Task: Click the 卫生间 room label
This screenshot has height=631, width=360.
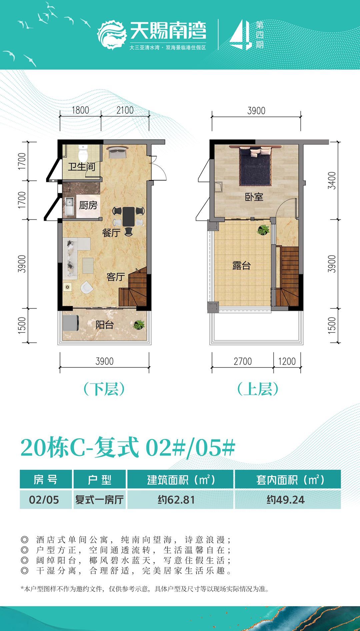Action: (81, 166)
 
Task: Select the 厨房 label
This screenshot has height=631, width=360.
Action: (88, 205)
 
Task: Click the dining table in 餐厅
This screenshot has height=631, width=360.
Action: (128, 216)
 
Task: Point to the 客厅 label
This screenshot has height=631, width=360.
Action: (115, 276)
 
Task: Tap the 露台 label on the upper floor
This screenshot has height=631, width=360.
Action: (241, 265)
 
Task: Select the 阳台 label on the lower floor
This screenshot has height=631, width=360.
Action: (105, 325)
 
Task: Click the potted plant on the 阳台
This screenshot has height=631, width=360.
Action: (138, 324)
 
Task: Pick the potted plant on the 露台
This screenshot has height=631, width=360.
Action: (263, 229)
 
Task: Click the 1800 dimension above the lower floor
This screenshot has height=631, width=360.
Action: (80, 110)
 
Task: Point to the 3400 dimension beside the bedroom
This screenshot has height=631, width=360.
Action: (332, 180)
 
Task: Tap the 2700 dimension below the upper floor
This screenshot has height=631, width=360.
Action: (243, 361)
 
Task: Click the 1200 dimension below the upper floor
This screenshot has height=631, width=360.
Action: (287, 361)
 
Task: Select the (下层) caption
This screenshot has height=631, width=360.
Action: (104, 389)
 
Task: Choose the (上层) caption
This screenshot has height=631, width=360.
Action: (258, 389)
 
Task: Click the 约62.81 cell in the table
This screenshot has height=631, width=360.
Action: (176, 500)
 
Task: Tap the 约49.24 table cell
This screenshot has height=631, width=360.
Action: (286, 500)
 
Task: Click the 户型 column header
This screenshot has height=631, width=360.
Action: (99, 480)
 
